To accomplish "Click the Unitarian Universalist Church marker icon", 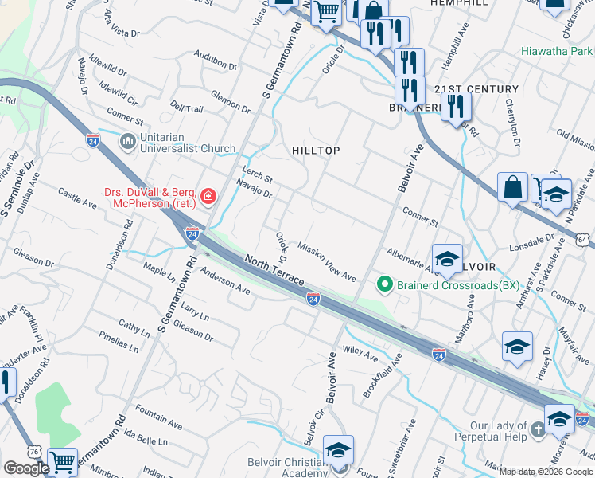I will (127, 142).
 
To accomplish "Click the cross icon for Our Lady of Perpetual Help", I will (536, 431).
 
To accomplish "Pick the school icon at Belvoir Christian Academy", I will (338, 453).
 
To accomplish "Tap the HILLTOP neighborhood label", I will (316, 150).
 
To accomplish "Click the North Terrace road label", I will (274, 270).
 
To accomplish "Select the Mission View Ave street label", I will (327, 262).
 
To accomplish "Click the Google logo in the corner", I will (26, 468).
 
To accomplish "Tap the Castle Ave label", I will (77, 198).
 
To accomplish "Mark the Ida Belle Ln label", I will (147, 439).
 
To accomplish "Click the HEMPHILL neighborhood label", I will (458, 4).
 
